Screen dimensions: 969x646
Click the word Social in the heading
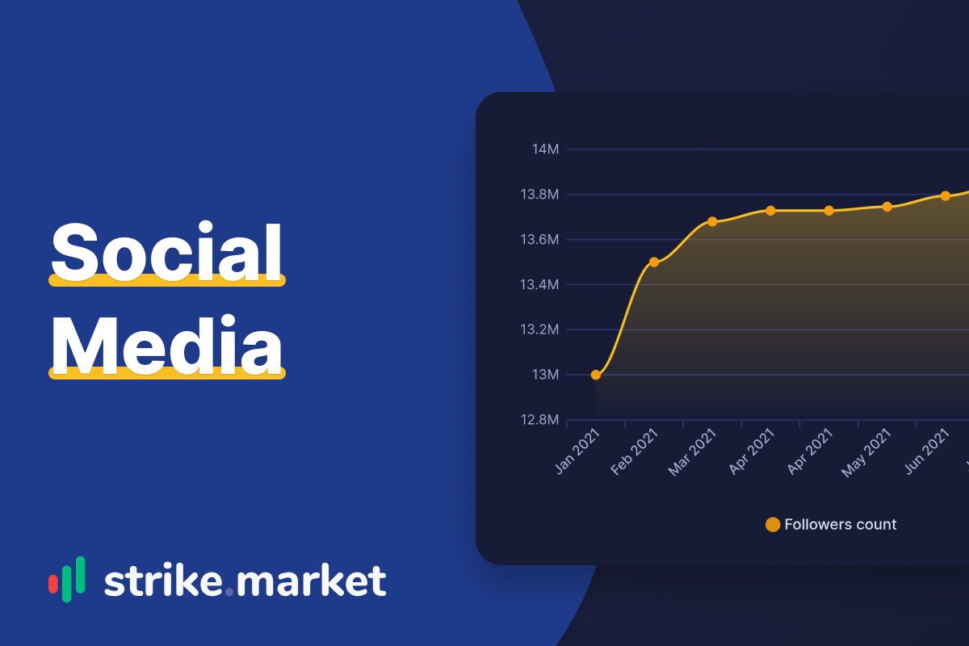point(166,251)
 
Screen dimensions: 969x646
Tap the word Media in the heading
point(166,345)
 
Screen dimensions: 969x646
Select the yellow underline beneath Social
point(167,280)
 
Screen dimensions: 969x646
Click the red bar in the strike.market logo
point(53,584)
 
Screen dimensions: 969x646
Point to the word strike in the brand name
point(163,581)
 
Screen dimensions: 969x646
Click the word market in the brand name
point(311,581)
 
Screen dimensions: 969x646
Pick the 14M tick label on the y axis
point(545,149)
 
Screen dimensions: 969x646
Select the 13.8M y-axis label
point(539,195)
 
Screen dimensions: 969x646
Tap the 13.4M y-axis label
point(539,285)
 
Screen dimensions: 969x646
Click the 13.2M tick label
point(539,329)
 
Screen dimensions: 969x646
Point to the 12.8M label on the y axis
point(539,420)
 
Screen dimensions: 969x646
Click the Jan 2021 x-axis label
point(577,451)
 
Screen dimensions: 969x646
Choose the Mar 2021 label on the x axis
point(692,452)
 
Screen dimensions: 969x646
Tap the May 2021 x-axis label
point(866,453)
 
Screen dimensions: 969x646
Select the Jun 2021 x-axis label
point(927,451)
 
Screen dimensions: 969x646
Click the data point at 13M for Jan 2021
point(596,375)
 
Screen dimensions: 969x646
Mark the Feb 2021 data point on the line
point(654,262)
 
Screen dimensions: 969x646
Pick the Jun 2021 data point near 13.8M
point(946,196)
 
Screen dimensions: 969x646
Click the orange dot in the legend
point(773,524)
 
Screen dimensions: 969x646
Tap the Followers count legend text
point(840,524)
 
